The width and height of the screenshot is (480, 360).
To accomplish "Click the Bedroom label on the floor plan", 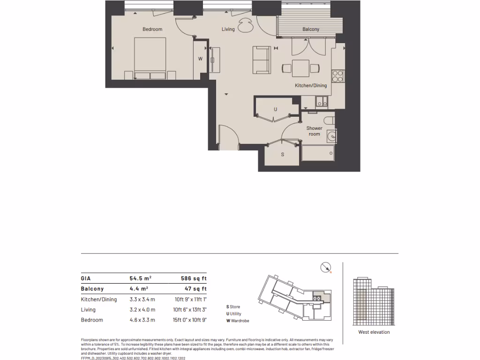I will (152, 30).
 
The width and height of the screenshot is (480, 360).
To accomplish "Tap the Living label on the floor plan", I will (228, 30).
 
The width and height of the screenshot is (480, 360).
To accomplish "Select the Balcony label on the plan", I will (311, 30).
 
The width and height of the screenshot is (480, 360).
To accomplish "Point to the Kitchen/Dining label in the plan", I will (311, 86).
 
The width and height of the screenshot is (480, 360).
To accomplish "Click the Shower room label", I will (314, 131).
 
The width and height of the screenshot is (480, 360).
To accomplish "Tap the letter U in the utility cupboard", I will (276, 109).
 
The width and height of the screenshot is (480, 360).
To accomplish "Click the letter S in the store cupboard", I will (282, 154).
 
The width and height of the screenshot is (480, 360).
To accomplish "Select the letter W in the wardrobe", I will (200, 59).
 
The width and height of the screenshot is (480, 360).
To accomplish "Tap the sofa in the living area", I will (262, 60).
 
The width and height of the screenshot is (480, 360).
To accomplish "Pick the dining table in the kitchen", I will (300, 68).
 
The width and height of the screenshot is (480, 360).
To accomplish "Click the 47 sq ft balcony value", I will (194, 289).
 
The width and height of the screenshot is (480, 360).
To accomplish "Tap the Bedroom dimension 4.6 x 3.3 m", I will (142, 320).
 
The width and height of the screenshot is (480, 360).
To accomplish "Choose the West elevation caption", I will (374, 332).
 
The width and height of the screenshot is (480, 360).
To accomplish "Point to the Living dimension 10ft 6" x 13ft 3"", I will (190, 310).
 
